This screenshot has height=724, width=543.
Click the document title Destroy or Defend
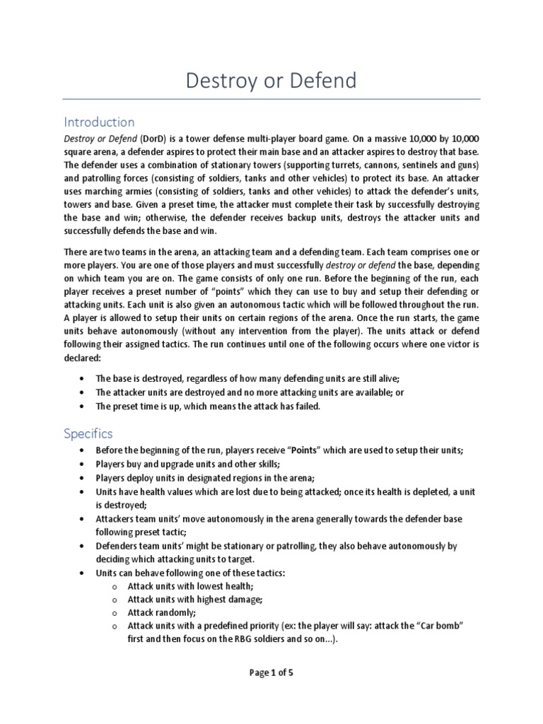271,81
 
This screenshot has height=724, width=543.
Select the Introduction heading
99,122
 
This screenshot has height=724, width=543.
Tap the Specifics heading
88,433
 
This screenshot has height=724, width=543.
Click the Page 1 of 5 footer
271,672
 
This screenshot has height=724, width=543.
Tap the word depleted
430,492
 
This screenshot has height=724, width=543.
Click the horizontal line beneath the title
271,99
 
